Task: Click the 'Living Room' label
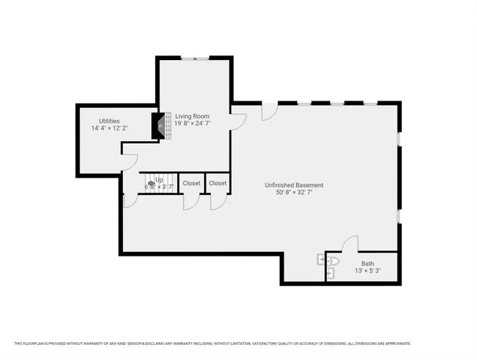(x=193, y=117)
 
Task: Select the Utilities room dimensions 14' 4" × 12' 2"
(x=109, y=128)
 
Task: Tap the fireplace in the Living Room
(x=158, y=126)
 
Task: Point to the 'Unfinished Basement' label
(x=294, y=185)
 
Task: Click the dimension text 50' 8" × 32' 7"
(x=294, y=193)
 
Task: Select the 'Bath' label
(x=367, y=263)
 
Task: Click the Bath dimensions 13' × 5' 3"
(x=367, y=271)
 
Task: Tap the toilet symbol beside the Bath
(x=332, y=262)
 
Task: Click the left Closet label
(x=191, y=183)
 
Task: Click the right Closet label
(x=217, y=183)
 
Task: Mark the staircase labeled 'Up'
(x=157, y=184)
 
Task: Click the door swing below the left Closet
(x=190, y=200)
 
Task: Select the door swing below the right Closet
(x=218, y=200)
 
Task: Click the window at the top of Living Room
(x=193, y=58)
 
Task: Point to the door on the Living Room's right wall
(x=238, y=119)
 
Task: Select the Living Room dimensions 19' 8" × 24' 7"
(x=193, y=125)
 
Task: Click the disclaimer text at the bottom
(x=212, y=343)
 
